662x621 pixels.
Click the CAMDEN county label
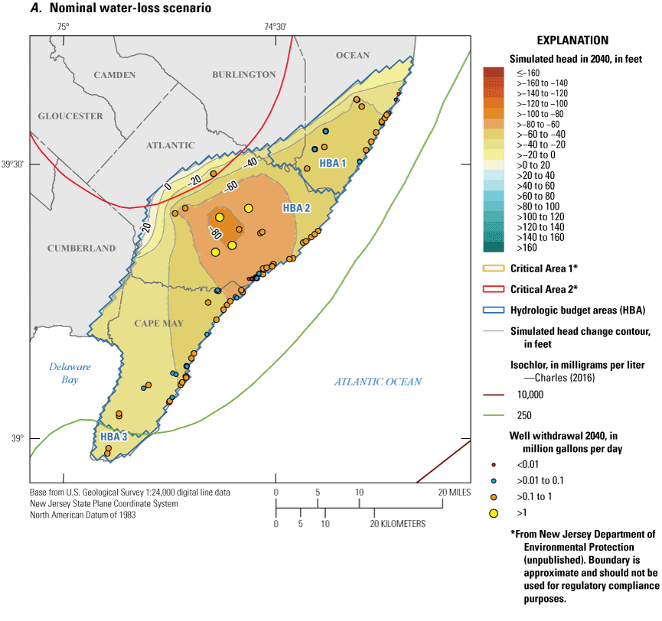click(114, 75)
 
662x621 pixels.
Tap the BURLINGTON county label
click(244, 75)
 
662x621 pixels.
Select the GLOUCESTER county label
click(70, 116)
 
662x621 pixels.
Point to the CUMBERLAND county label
click(81, 249)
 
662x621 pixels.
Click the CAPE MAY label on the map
click(159, 324)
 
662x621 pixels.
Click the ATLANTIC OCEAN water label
click(377, 382)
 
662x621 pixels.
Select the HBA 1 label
click(333, 164)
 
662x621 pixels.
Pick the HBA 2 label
click(296, 208)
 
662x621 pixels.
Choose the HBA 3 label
click(113, 436)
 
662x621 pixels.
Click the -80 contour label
click(215, 233)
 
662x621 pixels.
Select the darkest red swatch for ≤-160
click(494, 73)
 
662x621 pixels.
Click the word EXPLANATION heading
click(572, 41)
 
